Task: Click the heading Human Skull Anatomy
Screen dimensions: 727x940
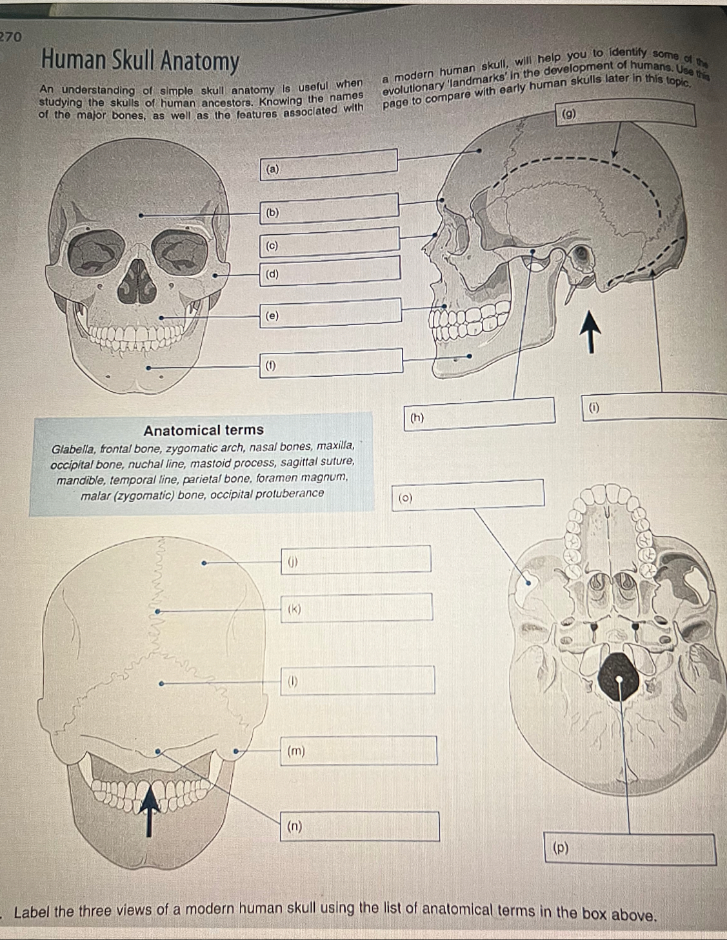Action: click(x=140, y=62)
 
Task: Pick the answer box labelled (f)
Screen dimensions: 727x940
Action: click(x=332, y=362)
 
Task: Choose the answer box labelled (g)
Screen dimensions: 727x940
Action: click(x=626, y=114)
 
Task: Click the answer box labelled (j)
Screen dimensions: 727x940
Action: click(x=355, y=559)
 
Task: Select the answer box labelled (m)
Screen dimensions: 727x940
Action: click(x=359, y=750)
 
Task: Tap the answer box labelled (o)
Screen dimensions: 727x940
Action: click(x=467, y=495)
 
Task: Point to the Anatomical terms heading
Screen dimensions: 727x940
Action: click(x=204, y=430)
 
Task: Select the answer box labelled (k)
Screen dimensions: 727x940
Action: click(x=357, y=607)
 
